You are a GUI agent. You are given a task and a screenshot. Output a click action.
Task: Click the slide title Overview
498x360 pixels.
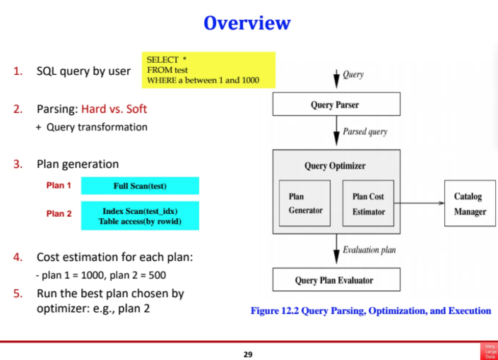[x=247, y=23]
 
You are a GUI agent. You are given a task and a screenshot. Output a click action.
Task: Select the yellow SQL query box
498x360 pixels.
[x=209, y=71]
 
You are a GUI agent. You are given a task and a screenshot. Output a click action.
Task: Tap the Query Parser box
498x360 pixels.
[x=336, y=105]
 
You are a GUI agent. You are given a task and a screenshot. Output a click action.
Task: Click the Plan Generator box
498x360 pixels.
[x=305, y=203]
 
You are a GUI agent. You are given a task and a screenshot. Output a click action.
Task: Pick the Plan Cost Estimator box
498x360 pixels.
[x=368, y=203]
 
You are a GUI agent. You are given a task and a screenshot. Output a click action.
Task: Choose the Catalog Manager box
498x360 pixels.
[x=470, y=203]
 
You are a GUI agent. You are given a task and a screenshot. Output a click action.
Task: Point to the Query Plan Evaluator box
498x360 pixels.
[x=336, y=280]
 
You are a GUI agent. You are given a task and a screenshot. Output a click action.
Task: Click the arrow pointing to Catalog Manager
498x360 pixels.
[x=418, y=203]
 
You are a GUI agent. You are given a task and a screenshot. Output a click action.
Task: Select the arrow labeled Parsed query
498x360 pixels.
[x=336, y=132]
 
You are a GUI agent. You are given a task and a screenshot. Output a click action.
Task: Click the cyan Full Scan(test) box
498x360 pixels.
[x=140, y=186]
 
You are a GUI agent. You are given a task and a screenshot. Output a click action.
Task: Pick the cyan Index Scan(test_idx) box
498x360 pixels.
[x=140, y=215]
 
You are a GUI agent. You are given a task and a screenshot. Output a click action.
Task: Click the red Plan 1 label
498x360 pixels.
[x=59, y=186]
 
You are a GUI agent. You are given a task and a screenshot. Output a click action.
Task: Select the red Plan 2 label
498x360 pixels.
[x=59, y=213]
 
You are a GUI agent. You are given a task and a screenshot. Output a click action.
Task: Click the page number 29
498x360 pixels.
[x=247, y=354]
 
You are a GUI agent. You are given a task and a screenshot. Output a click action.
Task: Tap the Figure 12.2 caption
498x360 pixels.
[x=371, y=311]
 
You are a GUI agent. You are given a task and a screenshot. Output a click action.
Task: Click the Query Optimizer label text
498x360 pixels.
[x=336, y=167]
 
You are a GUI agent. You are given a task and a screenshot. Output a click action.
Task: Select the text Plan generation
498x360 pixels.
[x=78, y=164]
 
